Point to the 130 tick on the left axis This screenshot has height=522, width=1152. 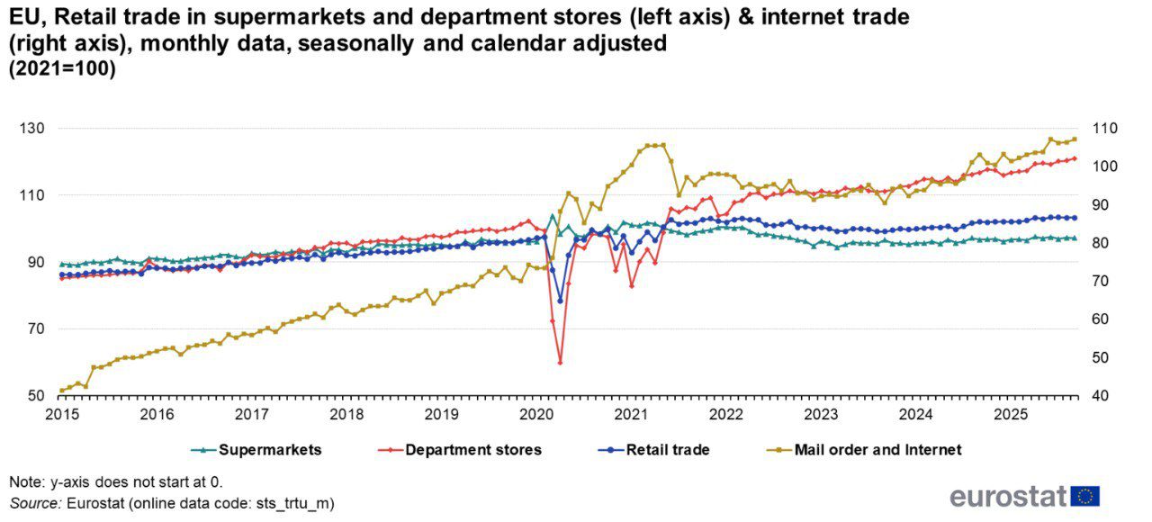coord(33,129)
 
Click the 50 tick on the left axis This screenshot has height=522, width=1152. coord(37,396)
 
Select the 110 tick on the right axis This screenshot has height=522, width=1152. coord(1104,129)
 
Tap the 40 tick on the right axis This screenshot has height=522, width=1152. coord(1101,396)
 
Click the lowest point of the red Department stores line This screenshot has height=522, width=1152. coord(560,363)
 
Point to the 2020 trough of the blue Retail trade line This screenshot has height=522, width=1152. coord(560,301)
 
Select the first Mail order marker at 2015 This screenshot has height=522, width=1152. coord(61,391)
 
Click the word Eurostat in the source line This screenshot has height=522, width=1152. coord(96,503)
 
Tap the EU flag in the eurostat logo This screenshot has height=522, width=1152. coord(1085,496)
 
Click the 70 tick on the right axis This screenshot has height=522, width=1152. coord(1101,282)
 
